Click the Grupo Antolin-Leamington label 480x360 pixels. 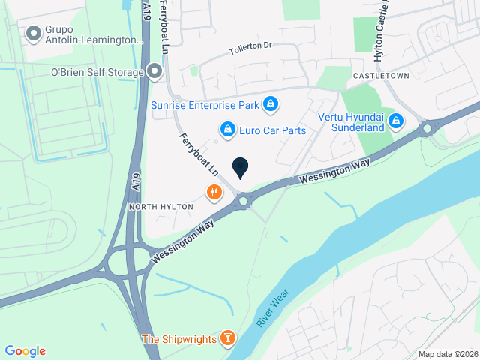(x=93, y=34)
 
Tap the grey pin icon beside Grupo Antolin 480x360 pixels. (x=33, y=34)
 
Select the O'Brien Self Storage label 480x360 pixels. (x=96, y=72)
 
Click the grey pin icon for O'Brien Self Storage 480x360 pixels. (x=155, y=72)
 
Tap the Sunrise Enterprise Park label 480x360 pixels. (x=205, y=104)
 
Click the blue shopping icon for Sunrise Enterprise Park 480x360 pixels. (x=271, y=104)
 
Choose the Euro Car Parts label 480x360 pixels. (x=273, y=130)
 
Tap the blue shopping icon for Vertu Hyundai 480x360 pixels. (x=397, y=120)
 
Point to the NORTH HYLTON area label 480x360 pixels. (x=161, y=206)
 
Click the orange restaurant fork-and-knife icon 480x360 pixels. (x=214, y=193)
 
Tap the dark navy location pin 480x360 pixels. (x=240, y=168)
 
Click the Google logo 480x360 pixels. (x=25, y=351)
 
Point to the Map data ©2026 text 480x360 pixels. (x=447, y=354)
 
